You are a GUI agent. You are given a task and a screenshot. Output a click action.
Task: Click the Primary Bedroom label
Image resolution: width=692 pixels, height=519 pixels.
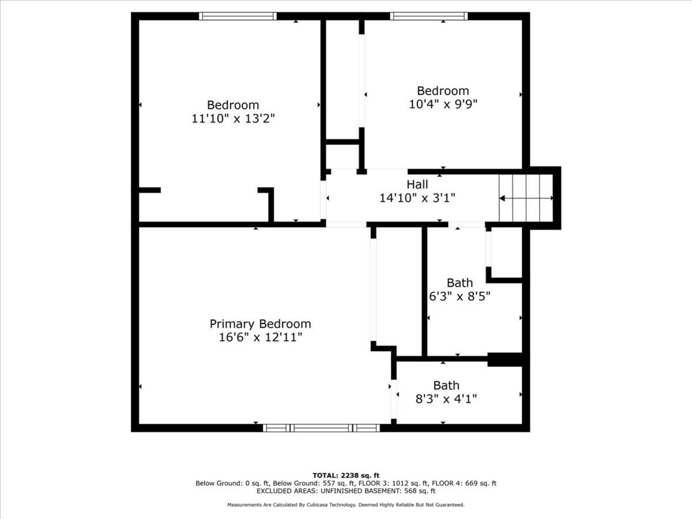[260, 324]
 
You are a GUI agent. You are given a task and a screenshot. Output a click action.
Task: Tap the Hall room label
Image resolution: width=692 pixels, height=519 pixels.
[417, 185]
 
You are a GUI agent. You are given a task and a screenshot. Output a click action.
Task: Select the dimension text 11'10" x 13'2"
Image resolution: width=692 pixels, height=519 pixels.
[233, 119]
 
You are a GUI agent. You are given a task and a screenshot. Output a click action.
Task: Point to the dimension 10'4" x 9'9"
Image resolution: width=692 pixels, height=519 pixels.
[443, 104]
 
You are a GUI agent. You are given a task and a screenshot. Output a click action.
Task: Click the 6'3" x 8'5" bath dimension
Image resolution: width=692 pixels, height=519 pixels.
[460, 296]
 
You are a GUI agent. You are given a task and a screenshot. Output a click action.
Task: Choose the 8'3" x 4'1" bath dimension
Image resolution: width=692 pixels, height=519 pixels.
[446, 399]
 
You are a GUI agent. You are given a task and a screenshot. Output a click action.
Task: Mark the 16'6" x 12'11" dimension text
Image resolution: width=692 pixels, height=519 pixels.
[260, 337]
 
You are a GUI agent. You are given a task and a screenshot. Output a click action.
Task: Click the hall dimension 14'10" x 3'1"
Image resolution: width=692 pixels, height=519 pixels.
[417, 198]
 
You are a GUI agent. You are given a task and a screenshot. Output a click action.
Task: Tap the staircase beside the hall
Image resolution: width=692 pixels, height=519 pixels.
[526, 198]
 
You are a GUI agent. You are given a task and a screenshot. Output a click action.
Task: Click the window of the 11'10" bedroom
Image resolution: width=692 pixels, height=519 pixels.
[238, 16]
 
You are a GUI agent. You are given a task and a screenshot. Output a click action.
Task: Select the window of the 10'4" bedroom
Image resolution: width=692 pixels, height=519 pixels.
[429, 16]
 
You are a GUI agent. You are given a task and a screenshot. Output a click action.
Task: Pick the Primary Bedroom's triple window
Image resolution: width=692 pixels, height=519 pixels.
[321, 428]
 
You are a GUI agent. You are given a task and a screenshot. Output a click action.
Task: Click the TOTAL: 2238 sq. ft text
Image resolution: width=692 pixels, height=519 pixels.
[346, 475]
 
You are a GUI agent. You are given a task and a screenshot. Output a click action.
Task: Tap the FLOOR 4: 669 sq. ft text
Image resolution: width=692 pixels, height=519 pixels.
[464, 483]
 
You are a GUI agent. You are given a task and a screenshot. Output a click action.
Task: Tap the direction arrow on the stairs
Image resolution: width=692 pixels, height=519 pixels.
[526, 198]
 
